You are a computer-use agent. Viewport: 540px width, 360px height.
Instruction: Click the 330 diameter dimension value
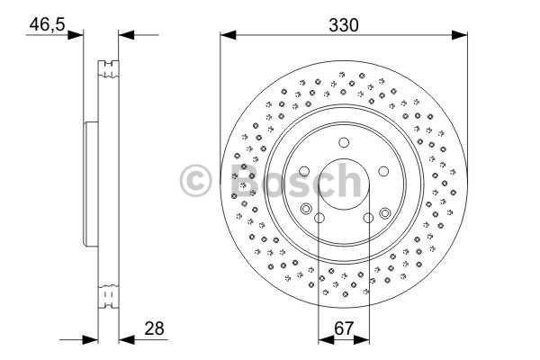point(344,25)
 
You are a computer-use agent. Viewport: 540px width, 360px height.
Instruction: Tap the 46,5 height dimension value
point(47,24)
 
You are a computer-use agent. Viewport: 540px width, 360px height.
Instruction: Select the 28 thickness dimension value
point(154,328)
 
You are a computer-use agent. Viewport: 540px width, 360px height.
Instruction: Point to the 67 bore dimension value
point(344,328)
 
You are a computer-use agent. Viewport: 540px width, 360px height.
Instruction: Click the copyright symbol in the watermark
point(195,181)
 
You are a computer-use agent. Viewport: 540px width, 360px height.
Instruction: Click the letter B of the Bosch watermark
point(244,180)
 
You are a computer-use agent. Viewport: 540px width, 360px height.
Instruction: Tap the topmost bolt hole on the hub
point(344,142)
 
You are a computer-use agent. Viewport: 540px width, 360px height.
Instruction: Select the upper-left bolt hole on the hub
point(304,171)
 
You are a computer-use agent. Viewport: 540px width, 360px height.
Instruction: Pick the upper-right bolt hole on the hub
point(383,171)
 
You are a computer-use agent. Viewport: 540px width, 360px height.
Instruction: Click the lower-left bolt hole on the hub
point(319,218)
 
